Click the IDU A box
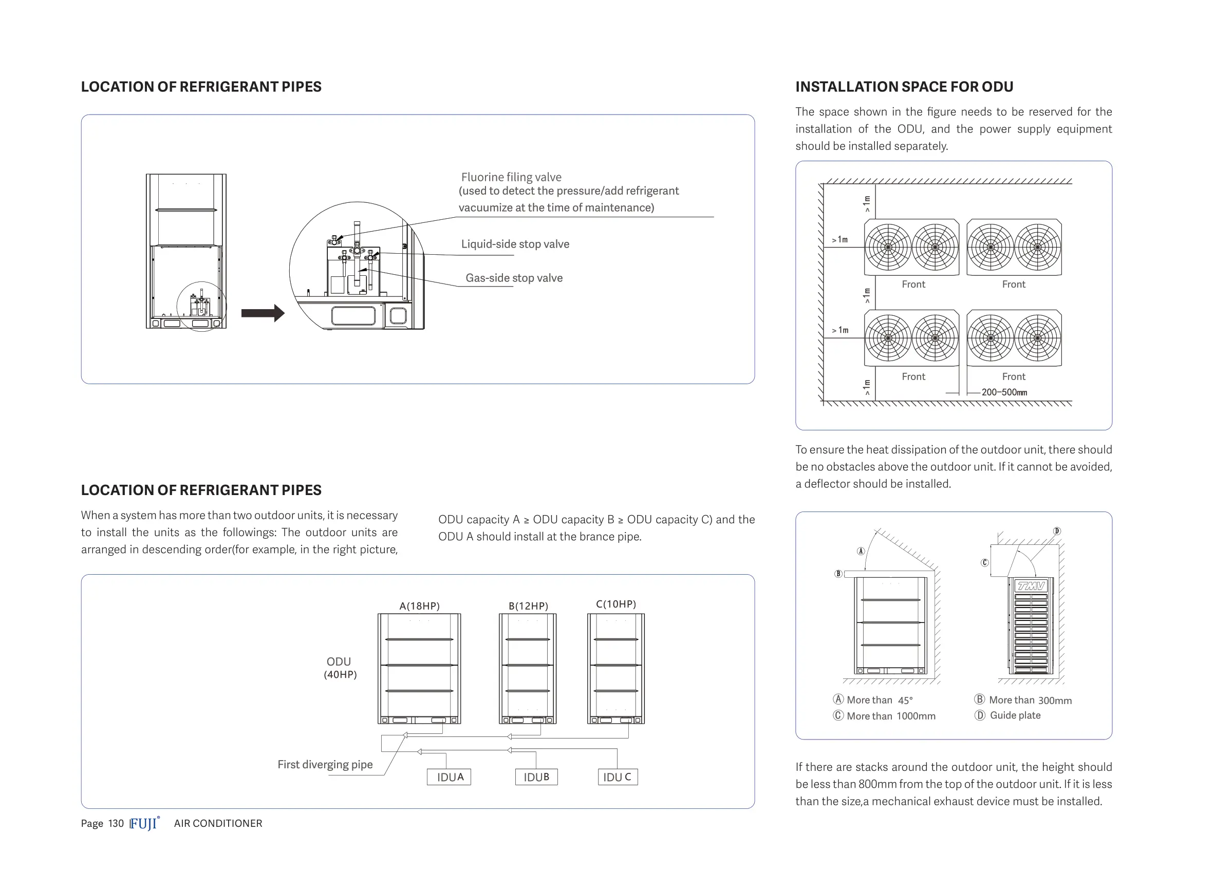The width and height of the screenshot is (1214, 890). pos(449,777)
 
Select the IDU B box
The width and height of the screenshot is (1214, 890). pos(536,777)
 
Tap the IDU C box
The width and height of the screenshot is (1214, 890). pos(618,777)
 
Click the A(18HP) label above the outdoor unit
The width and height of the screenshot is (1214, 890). pos(419,606)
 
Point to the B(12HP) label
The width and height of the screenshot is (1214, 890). pos(528,606)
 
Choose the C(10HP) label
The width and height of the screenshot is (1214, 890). pos(616,604)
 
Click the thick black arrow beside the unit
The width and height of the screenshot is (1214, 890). pos(263,313)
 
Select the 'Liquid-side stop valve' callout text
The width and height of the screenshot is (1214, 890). pos(515,244)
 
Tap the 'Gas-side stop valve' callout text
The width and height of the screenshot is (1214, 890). pos(514,278)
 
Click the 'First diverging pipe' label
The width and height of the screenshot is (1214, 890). pos(325,765)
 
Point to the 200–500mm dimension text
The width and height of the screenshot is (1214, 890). pos(1004,392)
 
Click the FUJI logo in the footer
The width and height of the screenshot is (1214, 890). pos(144,824)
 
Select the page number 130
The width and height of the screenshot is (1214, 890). pos(116,824)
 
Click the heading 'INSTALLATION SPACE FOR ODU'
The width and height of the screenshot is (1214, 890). pos(904,87)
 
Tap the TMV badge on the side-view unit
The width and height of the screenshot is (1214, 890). pos(1030,585)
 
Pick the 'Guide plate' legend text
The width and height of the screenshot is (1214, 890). pos(1015,715)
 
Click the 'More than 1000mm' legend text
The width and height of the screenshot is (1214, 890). pos(891,716)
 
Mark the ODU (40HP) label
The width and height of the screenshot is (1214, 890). pos(340,668)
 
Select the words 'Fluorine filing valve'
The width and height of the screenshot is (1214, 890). pos(511,177)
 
